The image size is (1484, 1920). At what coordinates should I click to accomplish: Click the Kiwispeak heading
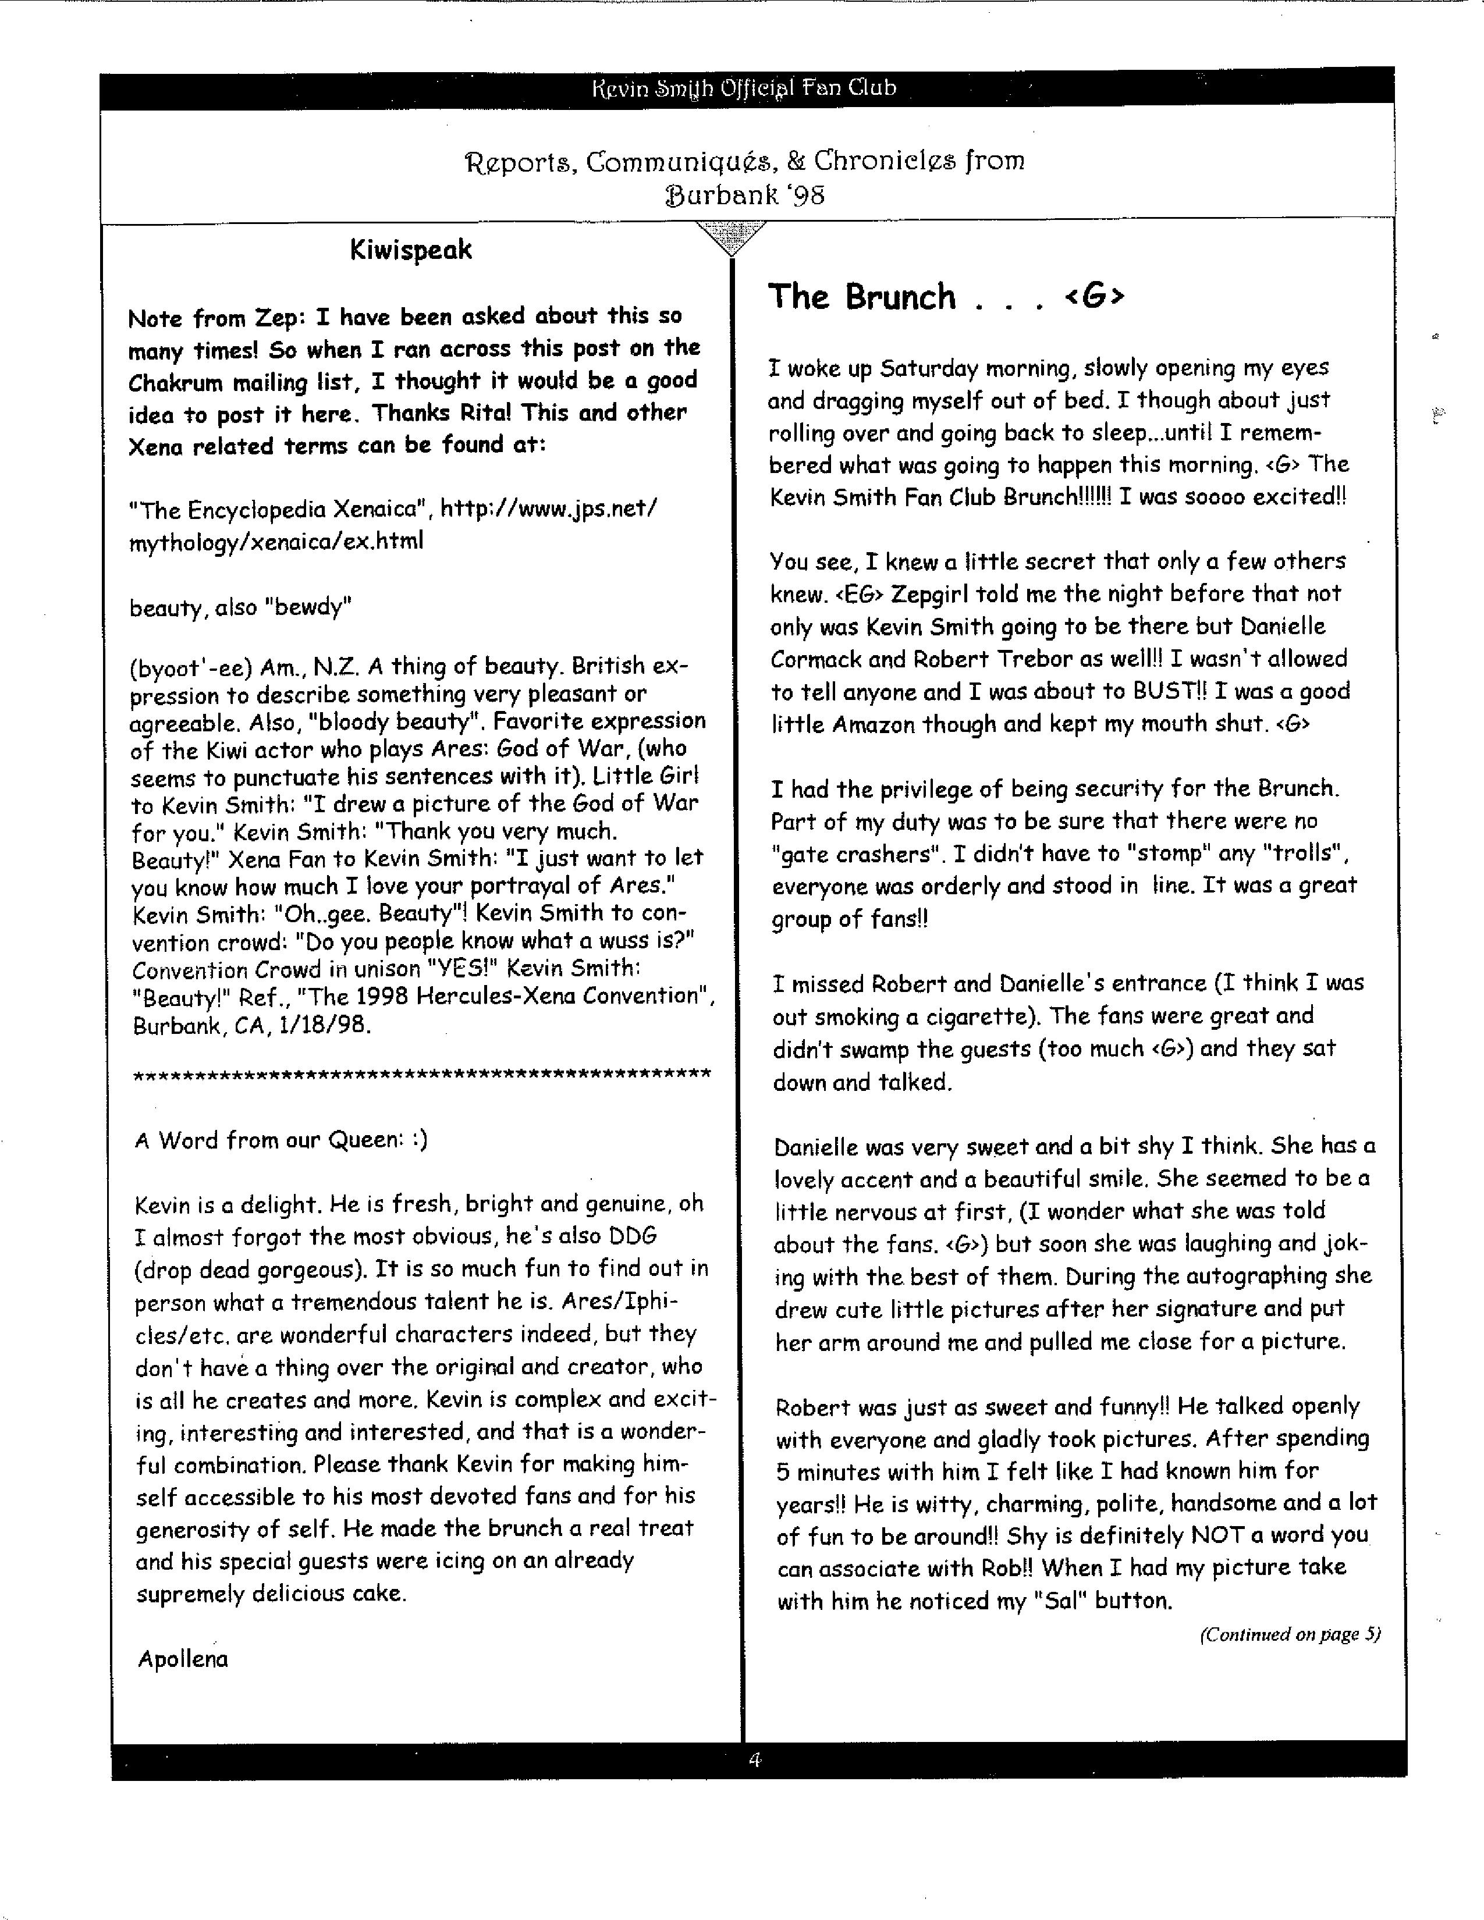tap(410, 251)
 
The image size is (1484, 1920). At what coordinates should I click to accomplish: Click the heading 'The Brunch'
tap(861, 297)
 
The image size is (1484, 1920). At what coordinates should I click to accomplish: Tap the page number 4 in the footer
tap(754, 1759)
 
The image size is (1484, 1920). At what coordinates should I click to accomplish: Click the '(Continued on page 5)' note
tap(1289, 1634)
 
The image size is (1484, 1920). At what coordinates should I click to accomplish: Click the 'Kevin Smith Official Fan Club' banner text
tap(745, 88)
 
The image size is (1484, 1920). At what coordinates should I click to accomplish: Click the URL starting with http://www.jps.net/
tap(548, 509)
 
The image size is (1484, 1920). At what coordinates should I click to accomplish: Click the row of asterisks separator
tap(421, 1074)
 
